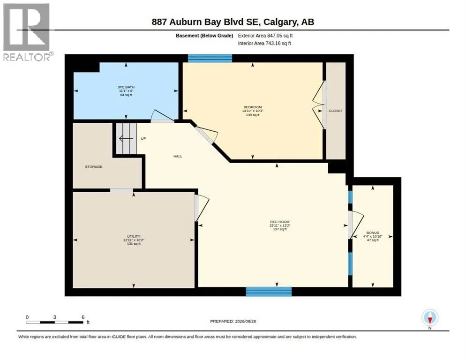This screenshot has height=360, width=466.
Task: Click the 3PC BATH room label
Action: tap(126, 87)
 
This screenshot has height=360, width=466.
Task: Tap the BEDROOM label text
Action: tap(253, 107)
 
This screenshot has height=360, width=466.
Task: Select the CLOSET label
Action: tap(336, 111)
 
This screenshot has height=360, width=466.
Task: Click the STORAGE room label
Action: tap(94, 167)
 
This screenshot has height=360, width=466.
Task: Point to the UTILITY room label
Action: tap(134, 236)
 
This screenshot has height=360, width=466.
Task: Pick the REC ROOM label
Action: tap(280, 222)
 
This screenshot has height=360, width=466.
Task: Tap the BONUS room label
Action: tap(373, 233)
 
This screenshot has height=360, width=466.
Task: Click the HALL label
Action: tap(178, 156)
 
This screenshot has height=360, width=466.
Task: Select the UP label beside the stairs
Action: tap(143, 139)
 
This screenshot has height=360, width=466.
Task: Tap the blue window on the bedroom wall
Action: tap(210, 58)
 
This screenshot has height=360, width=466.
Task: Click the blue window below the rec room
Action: tap(269, 292)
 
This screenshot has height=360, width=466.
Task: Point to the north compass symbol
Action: tap(430, 318)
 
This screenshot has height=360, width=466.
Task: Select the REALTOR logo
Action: tap(27, 32)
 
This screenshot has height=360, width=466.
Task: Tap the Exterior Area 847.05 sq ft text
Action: tap(265, 36)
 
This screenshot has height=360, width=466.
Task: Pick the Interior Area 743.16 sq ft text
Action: tap(264, 44)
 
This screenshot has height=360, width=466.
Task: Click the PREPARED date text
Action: tap(233, 322)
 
